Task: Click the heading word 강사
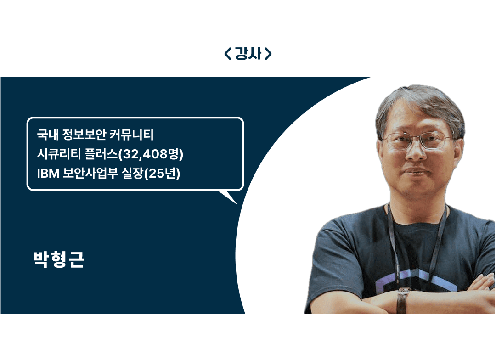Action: [x=248, y=53]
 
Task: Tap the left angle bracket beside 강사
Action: [x=228, y=54]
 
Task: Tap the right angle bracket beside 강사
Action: [x=268, y=54]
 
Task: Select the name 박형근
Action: [x=58, y=260]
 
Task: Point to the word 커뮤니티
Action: [x=131, y=135]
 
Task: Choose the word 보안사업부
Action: [x=90, y=173]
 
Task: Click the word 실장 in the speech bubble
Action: [x=133, y=173]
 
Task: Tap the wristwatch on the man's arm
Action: [x=402, y=299]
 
